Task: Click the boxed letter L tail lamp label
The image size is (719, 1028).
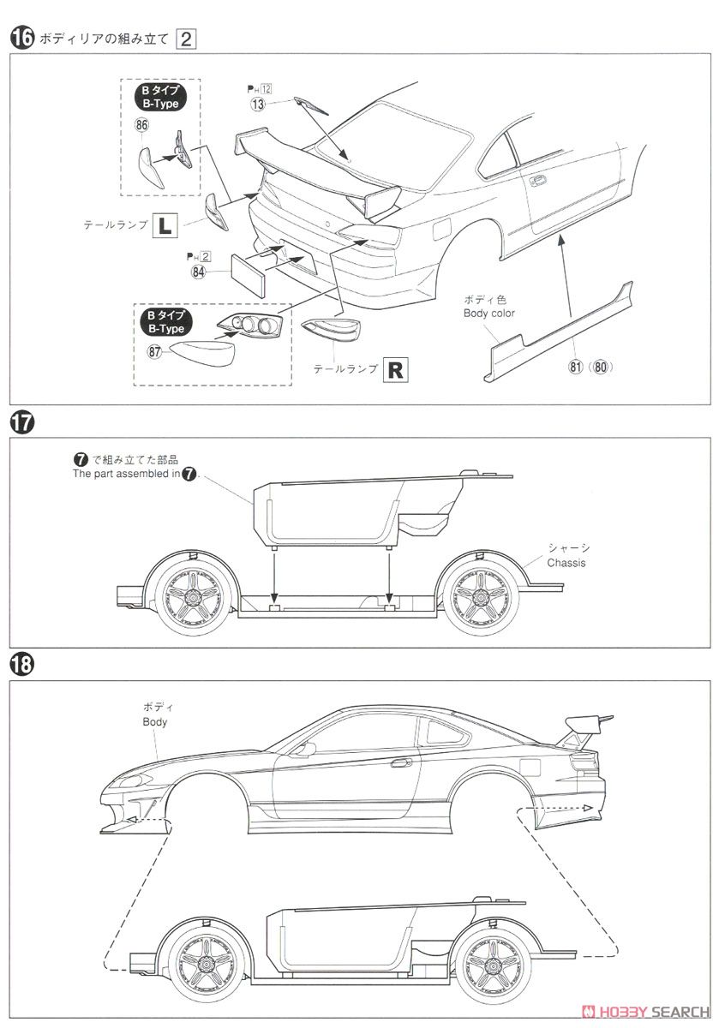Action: (x=165, y=225)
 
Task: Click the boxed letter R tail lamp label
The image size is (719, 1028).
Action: (x=395, y=370)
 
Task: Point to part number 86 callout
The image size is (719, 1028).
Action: (x=141, y=126)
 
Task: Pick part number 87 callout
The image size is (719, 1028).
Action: (x=155, y=351)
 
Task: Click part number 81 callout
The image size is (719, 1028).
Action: (x=573, y=368)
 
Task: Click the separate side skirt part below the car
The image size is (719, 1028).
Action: (x=557, y=325)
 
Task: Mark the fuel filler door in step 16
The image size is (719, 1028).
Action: (x=441, y=230)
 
